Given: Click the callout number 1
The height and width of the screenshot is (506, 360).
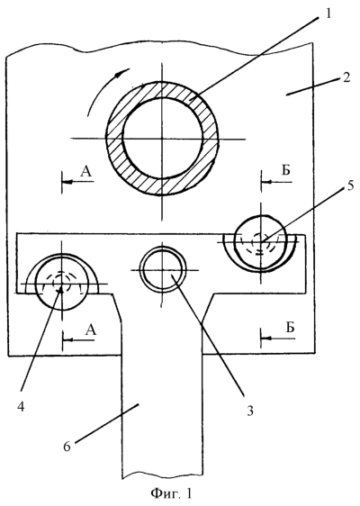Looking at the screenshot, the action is [328, 14].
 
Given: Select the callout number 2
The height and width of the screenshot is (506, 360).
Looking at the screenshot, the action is [346, 77].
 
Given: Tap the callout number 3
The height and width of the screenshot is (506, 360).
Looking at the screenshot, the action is [249, 411].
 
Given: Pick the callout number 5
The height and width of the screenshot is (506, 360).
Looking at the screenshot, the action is [343, 187].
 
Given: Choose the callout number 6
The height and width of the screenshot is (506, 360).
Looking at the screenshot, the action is [67, 447].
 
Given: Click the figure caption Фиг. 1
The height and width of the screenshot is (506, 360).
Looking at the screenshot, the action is [172, 493].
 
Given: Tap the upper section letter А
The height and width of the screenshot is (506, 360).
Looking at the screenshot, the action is [86, 172].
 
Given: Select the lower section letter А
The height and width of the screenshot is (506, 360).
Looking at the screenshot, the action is [91, 330].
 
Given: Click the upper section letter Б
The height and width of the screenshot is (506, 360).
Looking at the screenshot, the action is [286, 170].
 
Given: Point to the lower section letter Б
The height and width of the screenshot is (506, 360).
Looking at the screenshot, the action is [291, 327].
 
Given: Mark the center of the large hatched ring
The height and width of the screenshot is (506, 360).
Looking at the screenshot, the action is [163, 139].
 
